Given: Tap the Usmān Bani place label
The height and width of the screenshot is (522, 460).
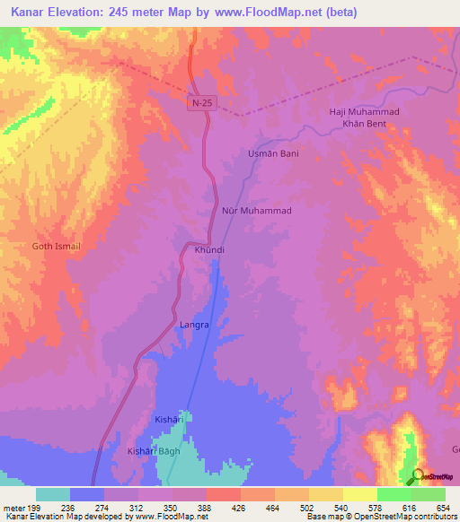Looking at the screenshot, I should pos(272,153).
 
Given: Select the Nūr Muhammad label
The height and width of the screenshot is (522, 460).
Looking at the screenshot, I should pos(256,210).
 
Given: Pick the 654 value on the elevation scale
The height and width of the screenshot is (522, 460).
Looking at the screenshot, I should pos(445,508).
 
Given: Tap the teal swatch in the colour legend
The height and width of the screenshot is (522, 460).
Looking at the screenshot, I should pos(53,494).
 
